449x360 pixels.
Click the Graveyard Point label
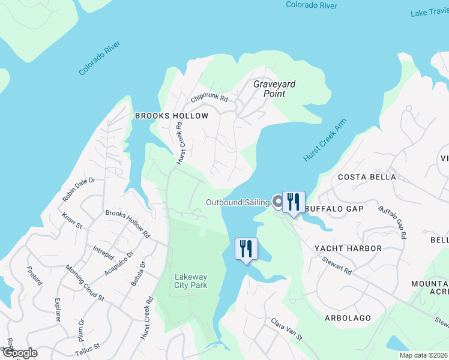click(274, 89)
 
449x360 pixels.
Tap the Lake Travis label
click(429, 13)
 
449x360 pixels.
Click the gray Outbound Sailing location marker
click(278, 202)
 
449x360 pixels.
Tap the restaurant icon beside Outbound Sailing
click(294, 202)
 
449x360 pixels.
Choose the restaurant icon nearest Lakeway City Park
click(246, 248)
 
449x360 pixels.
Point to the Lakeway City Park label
click(191, 281)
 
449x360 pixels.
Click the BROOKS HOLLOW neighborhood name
click(172, 116)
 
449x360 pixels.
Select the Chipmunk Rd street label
click(209, 98)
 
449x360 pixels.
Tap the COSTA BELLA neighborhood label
click(367, 177)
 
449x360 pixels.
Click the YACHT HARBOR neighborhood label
click(348, 248)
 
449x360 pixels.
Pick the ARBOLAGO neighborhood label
click(348, 317)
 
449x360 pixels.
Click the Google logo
click(19, 353)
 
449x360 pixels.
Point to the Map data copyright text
click(415, 355)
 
